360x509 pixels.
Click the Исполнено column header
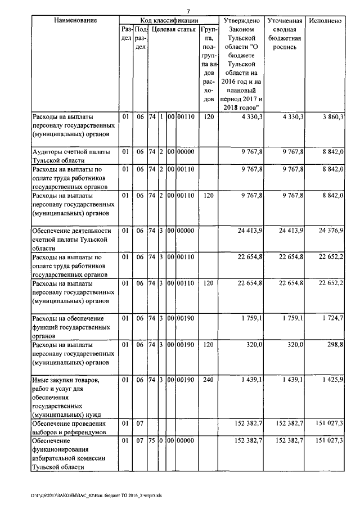(325, 21)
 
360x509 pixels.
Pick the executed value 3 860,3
(332, 116)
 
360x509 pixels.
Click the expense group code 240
(208, 381)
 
